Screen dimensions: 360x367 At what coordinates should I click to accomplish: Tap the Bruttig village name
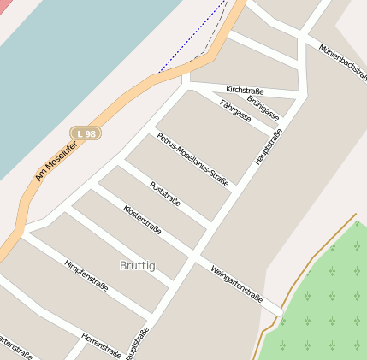coord(138,266)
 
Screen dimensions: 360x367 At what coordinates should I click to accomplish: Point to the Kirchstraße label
coord(245,90)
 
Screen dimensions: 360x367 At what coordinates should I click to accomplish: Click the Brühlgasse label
coord(263,106)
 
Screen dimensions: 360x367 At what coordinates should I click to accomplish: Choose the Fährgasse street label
coord(235,111)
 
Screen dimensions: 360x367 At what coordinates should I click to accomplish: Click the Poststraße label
coord(164,195)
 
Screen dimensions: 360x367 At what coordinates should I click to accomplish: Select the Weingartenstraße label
coord(236,283)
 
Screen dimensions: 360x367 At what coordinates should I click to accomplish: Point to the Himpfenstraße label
coord(86,276)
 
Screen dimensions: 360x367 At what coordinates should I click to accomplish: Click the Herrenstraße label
coord(101,345)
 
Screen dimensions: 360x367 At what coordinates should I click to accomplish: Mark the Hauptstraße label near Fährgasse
coord(268,147)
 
